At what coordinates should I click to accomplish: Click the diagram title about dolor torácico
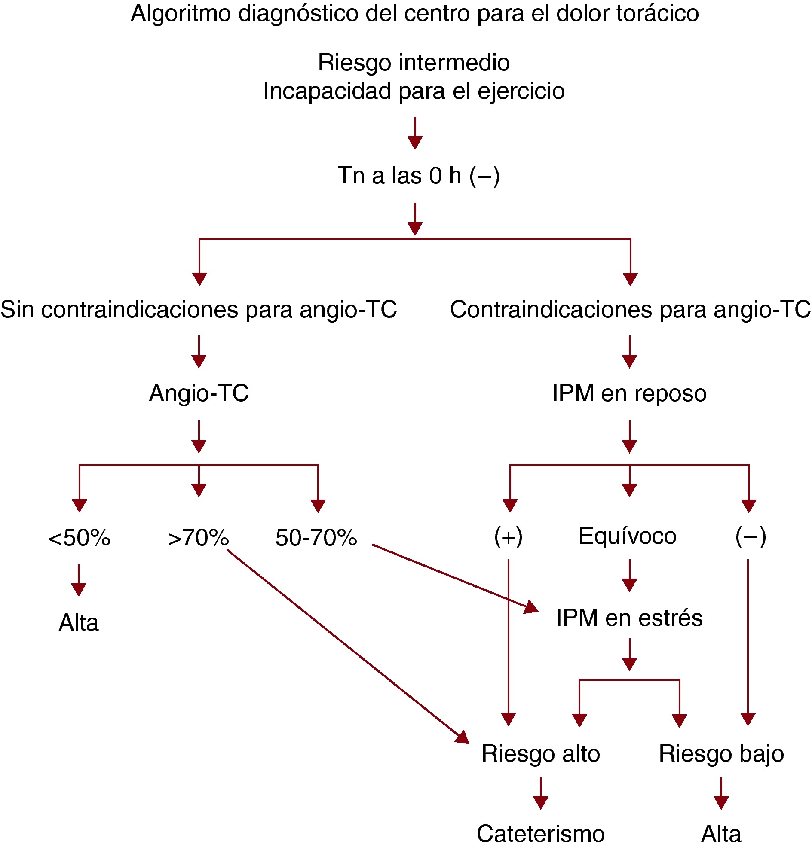(x=414, y=14)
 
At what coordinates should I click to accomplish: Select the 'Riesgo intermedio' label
(x=414, y=63)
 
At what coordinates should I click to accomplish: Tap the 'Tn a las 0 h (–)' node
(x=418, y=175)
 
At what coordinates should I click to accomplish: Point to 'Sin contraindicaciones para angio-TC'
(x=199, y=309)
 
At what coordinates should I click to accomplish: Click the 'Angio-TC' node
(x=199, y=393)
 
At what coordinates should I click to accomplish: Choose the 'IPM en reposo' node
(x=629, y=393)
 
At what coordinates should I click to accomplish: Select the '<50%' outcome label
(x=79, y=538)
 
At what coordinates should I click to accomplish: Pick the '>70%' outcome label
(x=199, y=538)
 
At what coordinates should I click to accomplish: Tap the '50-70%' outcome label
(x=316, y=538)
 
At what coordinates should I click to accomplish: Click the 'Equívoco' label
(x=627, y=536)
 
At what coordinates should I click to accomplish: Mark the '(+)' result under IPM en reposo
(x=508, y=537)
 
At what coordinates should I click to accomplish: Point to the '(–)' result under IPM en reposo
(x=751, y=537)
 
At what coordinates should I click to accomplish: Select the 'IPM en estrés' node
(x=629, y=618)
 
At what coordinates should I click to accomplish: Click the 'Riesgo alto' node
(x=540, y=754)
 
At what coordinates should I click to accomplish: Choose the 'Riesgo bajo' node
(x=721, y=754)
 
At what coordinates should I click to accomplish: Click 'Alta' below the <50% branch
(x=79, y=623)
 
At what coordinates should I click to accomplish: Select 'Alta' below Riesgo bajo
(x=721, y=834)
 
